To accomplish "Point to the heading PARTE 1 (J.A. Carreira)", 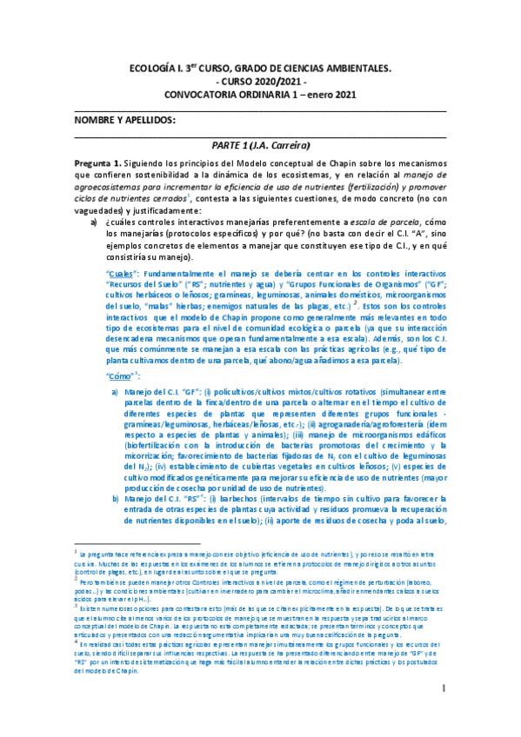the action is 261,145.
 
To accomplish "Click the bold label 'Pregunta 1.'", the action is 97,163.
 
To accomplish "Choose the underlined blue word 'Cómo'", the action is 120,375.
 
